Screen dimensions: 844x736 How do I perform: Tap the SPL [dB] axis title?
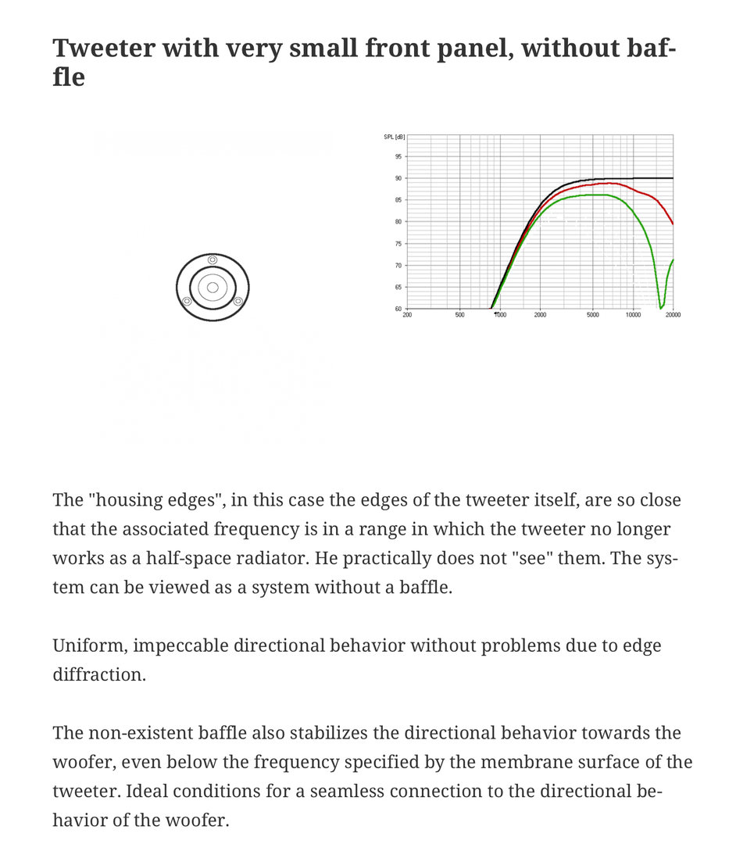tap(394, 138)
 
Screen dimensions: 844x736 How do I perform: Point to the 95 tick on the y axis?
tap(398, 156)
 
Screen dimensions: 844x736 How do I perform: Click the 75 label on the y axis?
tap(398, 244)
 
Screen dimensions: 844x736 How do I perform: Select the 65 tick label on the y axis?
tap(398, 288)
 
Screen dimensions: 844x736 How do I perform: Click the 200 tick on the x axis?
tap(407, 315)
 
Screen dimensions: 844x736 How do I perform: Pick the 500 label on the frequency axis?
tap(459, 315)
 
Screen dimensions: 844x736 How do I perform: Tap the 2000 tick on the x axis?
tap(540, 315)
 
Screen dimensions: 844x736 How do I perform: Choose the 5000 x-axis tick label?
tap(593, 315)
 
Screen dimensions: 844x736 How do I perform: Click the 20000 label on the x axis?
tap(672, 315)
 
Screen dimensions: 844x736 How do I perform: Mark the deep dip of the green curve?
tap(661, 307)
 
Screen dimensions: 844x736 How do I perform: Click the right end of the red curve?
tap(673, 224)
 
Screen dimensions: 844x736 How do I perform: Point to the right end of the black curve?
tap(673, 178)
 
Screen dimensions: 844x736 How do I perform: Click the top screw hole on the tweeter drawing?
tap(213, 259)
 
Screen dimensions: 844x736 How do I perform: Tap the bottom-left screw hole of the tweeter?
tap(187, 302)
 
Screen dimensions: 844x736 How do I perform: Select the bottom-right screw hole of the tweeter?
tap(238, 302)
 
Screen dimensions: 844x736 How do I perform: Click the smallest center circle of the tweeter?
tap(213, 288)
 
